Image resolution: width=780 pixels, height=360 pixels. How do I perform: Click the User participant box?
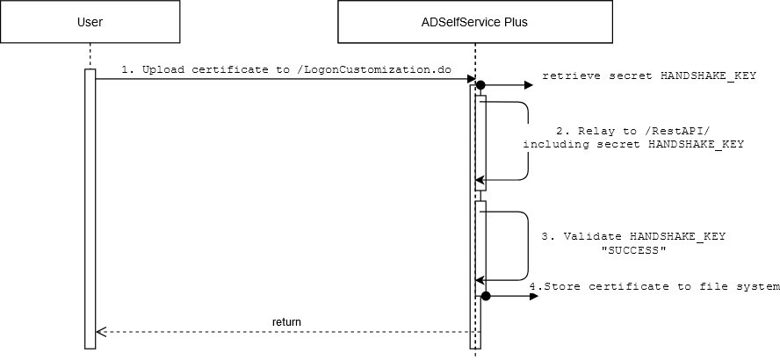90,22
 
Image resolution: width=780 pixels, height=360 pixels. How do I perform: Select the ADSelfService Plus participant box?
476,22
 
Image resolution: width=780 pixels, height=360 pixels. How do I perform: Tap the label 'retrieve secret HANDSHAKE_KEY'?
648,76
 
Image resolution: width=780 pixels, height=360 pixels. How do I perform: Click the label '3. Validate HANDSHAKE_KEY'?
632,237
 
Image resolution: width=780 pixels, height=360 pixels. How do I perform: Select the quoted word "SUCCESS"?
632,250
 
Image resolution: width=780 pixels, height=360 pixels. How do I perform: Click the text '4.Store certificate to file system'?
654,286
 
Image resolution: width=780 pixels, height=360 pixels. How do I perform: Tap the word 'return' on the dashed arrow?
286,322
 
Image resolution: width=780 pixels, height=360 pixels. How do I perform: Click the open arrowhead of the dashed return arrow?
99,332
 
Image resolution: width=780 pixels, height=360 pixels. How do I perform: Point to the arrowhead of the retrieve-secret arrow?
529,85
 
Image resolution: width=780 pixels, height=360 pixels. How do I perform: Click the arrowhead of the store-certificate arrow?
533,297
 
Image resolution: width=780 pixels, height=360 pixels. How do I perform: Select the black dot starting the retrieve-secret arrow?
480,85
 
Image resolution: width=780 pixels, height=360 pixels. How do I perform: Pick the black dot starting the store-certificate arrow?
485,297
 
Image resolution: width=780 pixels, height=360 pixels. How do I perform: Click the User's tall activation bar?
90,207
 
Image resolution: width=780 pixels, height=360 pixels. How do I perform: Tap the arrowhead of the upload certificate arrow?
470,79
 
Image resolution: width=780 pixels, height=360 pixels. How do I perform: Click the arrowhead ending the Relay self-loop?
480,179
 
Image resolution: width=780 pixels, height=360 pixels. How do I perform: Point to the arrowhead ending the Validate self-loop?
480,280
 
